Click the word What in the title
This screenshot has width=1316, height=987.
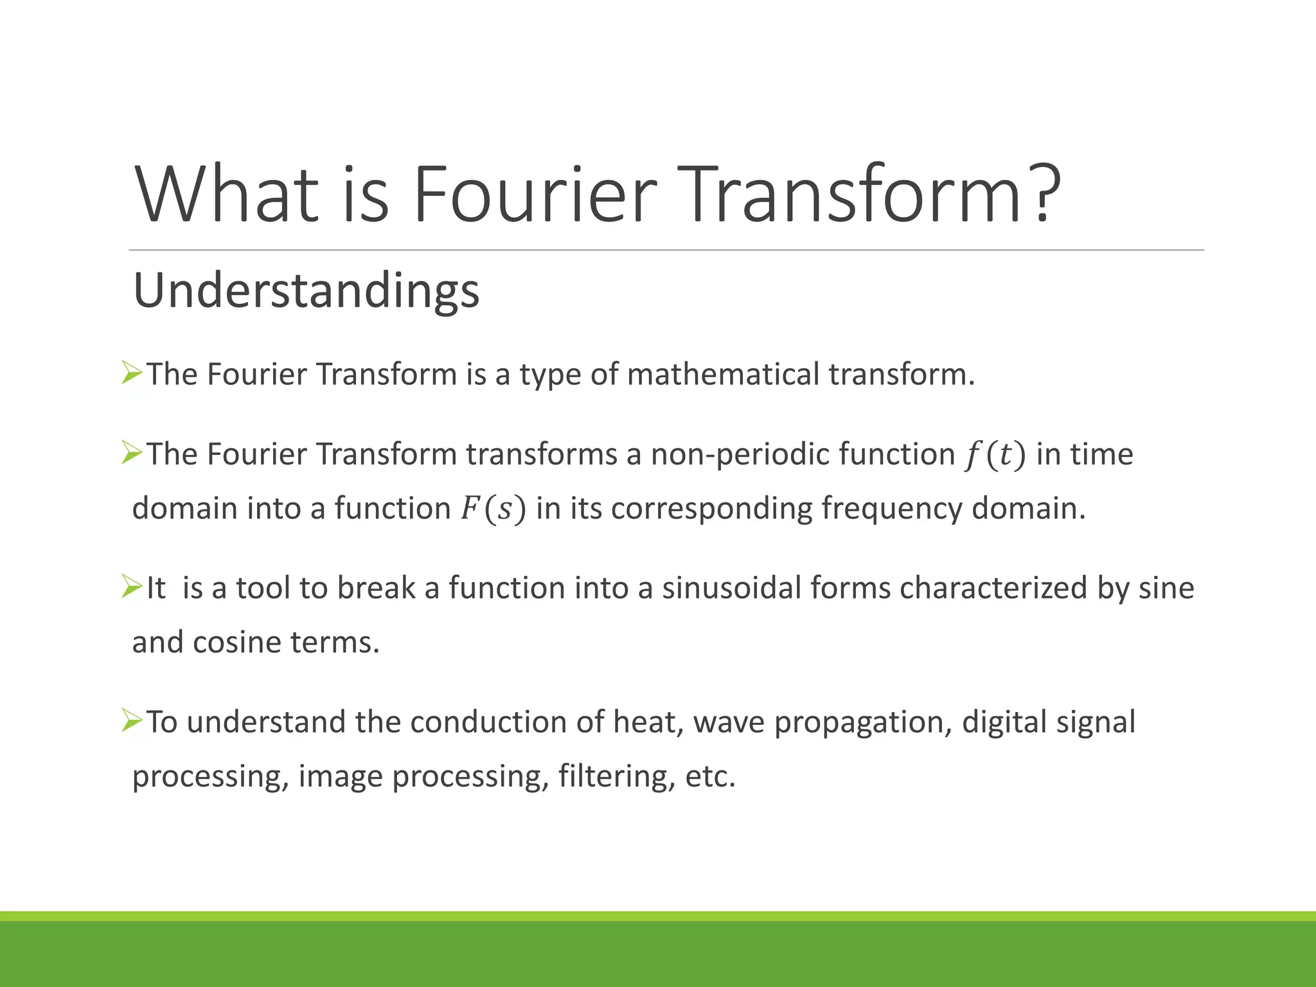coord(226,194)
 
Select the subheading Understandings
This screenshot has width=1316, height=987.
coord(306,290)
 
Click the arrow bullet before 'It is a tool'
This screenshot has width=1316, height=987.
coord(131,587)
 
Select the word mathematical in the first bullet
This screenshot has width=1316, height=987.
coord(723,374)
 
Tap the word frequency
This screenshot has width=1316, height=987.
coord(891,509)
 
